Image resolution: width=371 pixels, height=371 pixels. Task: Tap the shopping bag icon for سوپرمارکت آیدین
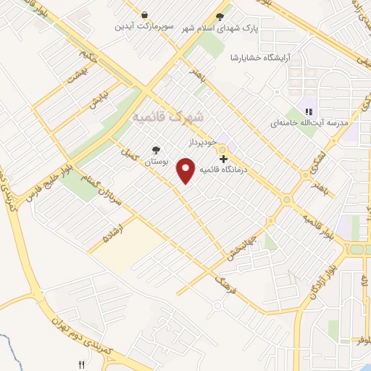(146, 15)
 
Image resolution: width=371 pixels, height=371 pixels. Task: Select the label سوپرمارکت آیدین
(143, 28)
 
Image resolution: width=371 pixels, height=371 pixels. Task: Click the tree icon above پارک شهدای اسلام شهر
(220, 17)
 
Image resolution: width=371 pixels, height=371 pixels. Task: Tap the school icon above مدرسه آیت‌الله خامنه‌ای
(309, 112)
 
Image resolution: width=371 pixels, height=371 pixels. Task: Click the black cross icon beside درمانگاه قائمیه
(223, 158)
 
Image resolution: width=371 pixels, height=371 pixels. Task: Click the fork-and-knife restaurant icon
(81, 364)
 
